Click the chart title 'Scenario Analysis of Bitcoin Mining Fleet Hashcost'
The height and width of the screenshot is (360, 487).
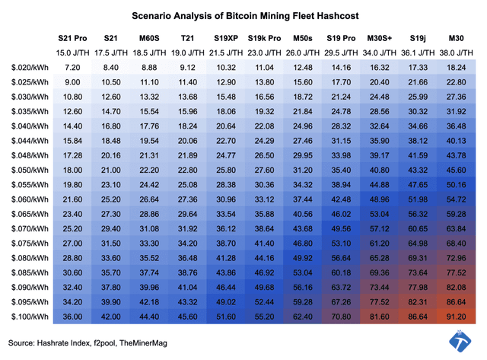(x=243, y=14)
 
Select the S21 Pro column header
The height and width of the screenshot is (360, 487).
(x=73, y=37)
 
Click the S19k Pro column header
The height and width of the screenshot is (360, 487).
(x=264, y=37)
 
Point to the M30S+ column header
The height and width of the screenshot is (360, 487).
(x=380, y=37)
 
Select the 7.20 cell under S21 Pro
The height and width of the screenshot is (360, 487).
(x=73, y=67)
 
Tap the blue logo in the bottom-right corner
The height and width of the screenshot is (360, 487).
(x=460, y=342)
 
